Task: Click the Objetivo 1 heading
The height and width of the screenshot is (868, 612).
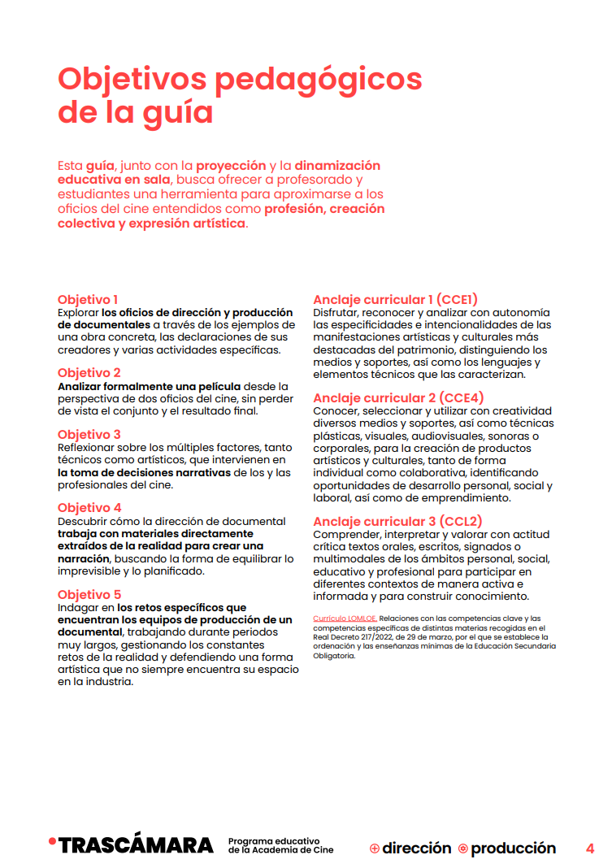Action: (x=88, y=299)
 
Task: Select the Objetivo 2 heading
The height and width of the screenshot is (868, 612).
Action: (x=89, y=373)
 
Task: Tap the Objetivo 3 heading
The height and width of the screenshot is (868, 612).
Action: (x=89, y=435)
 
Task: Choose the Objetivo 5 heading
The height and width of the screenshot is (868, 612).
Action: (x=89, y=595)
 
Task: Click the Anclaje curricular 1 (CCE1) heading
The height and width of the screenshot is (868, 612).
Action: (x=395, y=299)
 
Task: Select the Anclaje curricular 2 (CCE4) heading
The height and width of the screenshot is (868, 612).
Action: (x=398, y=397)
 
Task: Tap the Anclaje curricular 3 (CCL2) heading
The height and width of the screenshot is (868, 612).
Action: (x=397, y=521)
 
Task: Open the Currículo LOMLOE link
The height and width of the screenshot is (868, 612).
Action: (x=345, y=618)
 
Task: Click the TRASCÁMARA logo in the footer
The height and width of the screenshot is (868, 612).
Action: (x=136, y=846)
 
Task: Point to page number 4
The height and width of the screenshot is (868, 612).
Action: (x=590, y=848)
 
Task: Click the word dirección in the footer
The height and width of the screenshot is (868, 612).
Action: (x=416, y=848)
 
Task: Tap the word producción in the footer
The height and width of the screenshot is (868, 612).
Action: (x=513, y=848)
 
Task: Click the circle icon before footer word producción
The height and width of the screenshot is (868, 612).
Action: (x=463, y=848)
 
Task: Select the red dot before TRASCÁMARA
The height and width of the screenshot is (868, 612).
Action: (x=52, y=840)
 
